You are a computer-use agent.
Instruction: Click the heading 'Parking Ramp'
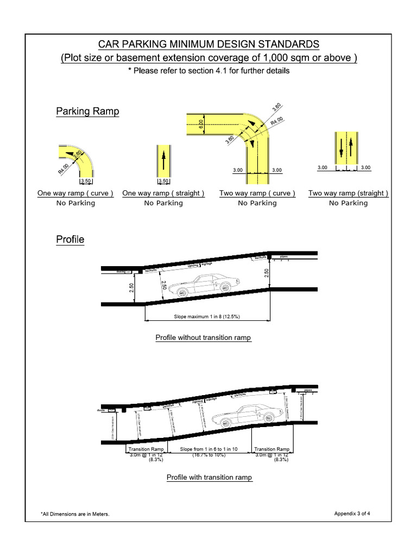tap(87, 112)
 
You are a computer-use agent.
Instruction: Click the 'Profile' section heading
tap(70, 239)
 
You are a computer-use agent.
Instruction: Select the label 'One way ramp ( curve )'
tap(75, 193)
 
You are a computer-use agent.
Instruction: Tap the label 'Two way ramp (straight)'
tap(348, 193)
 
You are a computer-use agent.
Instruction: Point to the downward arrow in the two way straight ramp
tap(341, 146)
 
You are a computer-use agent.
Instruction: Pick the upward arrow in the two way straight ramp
tap(351, 146)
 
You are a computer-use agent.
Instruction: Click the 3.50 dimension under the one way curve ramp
tap(87, 181)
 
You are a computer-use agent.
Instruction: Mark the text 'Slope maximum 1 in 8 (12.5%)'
tap(207, 316)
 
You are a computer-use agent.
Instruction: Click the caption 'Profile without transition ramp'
tap(203, 338)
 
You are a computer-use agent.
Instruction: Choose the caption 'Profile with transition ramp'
tap(209, 477)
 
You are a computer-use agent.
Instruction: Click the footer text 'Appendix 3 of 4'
tap(356, 513)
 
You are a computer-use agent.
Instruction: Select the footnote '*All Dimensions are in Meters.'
tap(75, 514)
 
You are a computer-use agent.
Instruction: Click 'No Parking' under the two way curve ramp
tap(257, 203)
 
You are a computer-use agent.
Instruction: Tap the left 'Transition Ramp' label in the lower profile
tap(146, 449)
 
